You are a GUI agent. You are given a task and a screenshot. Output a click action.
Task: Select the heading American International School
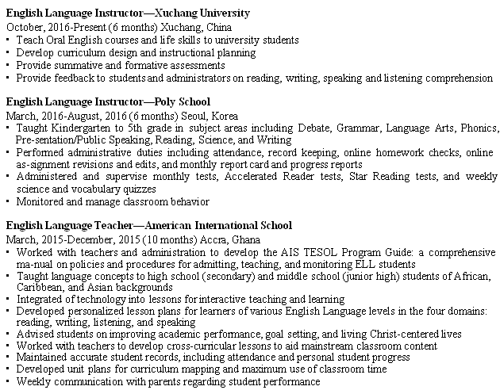[x=215, y=225]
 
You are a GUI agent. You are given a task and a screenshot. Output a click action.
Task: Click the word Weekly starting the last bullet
[x=34, y=381]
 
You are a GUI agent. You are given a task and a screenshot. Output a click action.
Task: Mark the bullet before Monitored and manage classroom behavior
[x=8, y=201]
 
